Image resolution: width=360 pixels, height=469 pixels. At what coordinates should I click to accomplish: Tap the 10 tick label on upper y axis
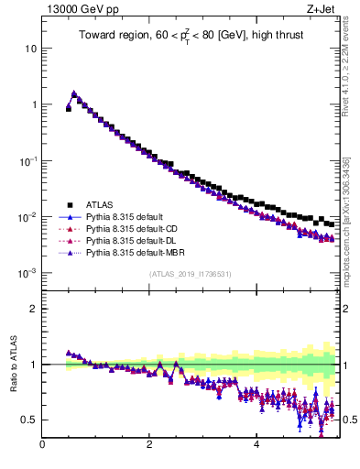tap(31, 48)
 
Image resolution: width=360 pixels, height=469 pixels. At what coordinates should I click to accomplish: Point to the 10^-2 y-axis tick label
tap(27, 217)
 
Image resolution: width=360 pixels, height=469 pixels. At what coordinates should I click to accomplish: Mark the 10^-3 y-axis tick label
tap(27, 273)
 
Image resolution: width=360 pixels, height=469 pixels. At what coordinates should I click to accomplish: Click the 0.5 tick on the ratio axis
tap(29, 420)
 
